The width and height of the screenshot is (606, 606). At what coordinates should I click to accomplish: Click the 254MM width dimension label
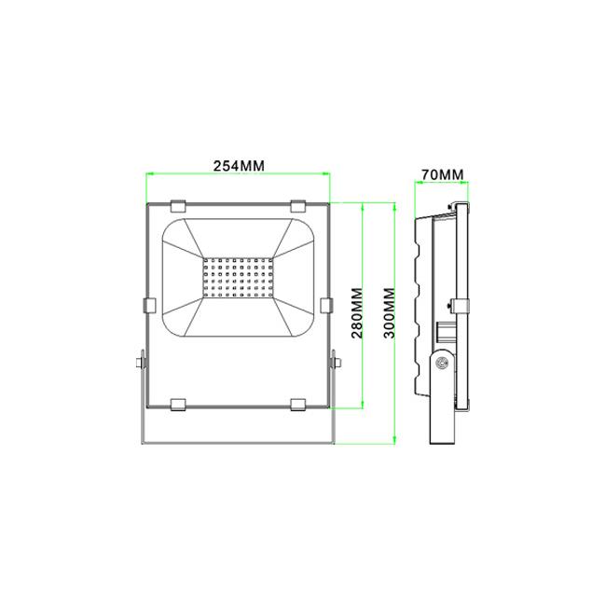point(240,166)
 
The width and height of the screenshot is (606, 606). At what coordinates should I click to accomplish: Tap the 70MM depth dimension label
point(442,174)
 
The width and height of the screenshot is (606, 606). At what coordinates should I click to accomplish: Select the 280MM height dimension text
point(357,312)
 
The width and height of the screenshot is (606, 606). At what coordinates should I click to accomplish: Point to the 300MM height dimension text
point(390,312)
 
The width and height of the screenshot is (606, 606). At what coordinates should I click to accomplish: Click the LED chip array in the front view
point(238,278)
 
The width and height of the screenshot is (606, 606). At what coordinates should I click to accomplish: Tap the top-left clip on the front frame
point(178,206)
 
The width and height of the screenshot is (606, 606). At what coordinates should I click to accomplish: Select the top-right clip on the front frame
point(298,206)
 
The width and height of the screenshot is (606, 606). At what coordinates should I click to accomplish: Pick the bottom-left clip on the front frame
point(178,405)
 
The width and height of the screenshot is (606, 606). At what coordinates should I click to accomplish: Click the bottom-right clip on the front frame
point(298,405)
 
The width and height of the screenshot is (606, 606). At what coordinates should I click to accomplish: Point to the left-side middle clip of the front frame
point(149,305)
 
